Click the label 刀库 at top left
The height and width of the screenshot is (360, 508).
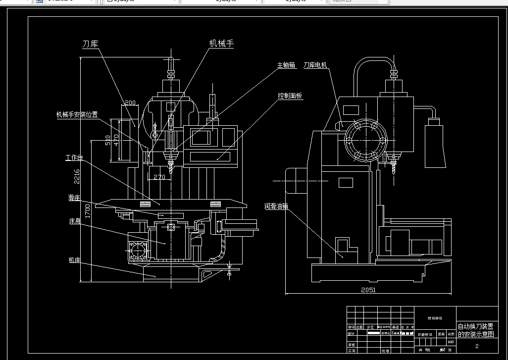[x=90, y=45]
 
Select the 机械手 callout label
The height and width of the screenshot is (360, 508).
[x=221, y=44]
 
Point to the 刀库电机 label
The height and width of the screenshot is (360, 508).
[x=315, y=65]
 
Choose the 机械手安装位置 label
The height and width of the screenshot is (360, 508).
[x=77, y=115]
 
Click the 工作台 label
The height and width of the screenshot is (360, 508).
[x=74, y=158]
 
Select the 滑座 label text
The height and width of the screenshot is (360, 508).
[x=74, y=198]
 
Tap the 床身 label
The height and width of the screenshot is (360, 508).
[x=75, y=221]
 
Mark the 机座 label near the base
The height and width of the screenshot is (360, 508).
[x=74, y=259]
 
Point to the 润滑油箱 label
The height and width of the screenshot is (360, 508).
[x=276, y=206]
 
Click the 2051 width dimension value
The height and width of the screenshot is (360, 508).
[x=368, y=290]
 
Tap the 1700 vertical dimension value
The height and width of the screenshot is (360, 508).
[x=87, y=211]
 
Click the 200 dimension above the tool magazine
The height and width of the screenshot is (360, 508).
[x=130, y=103]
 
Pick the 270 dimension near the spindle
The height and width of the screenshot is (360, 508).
[x=159, y=177]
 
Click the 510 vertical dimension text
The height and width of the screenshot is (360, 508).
[x=108, y=140]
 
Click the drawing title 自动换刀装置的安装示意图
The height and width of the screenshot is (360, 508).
[x=475, y=330]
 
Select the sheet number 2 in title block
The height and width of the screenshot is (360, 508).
[x=477, y=346]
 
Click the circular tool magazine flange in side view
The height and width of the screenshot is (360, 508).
[x=366, y=140]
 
